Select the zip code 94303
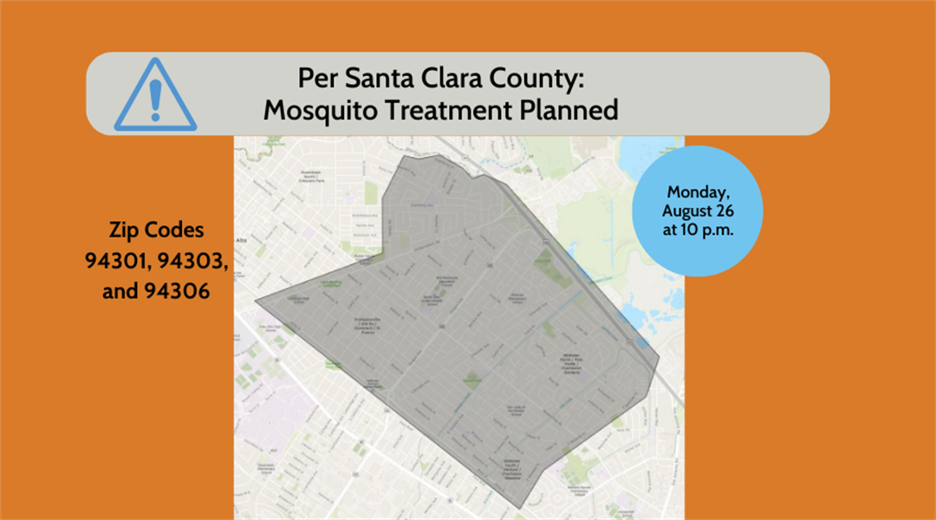pyautogui.click(x=193, y=261)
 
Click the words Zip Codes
pyautogui.click(x=156, y=231)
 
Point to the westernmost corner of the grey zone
pyautogui.click(x=256, y=302)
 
